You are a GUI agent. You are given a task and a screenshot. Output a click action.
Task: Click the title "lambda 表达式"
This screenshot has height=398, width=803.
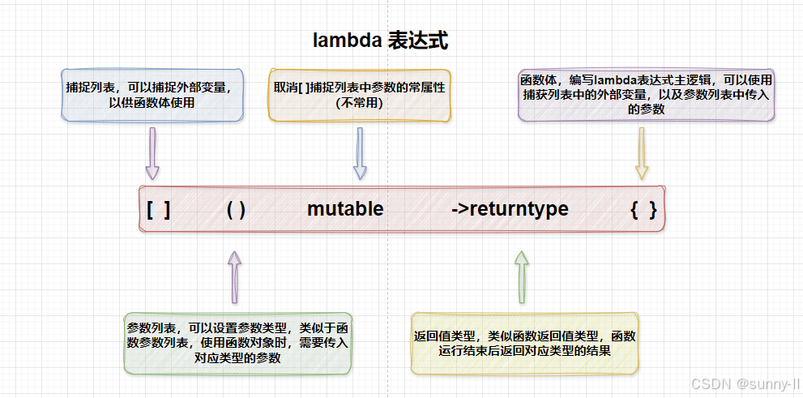tap(381, 41)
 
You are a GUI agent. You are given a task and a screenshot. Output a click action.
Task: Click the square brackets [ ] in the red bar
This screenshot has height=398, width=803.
tap(159, 209)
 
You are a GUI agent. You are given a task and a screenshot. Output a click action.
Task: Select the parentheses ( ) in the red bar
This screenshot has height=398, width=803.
tap(236, 209)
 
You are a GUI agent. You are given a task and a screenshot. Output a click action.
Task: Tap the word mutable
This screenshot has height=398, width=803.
tap(345, 209)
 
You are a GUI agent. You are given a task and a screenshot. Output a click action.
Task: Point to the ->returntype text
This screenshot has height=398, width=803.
tap(510, 209)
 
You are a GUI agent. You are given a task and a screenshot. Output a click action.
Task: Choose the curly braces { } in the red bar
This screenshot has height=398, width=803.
tap(643, 209)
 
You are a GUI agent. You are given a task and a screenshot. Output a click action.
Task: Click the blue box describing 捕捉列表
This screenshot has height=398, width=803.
tap(153, 96)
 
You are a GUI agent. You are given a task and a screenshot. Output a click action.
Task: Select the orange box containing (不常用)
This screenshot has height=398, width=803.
tap(359, 96)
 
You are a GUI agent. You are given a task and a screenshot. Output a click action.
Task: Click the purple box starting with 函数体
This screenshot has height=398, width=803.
tap(646, 95)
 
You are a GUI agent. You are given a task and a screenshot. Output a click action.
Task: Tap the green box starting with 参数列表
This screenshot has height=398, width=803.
tap(237, 343)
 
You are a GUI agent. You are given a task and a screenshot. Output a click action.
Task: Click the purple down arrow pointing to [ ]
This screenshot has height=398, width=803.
tap(152, 155)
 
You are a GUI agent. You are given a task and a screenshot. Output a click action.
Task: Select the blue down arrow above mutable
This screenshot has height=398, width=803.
tap(360, 155)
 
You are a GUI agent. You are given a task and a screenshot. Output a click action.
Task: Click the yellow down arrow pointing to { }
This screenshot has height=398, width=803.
tap(642, 155)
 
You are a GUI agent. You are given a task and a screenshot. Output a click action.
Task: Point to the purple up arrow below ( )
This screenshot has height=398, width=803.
tap(234, 276)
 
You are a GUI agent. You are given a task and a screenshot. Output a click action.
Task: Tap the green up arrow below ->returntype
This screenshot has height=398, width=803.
tap(521, 276)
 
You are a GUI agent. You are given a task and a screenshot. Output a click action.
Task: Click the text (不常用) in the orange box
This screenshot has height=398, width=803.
tap(359, 104)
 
